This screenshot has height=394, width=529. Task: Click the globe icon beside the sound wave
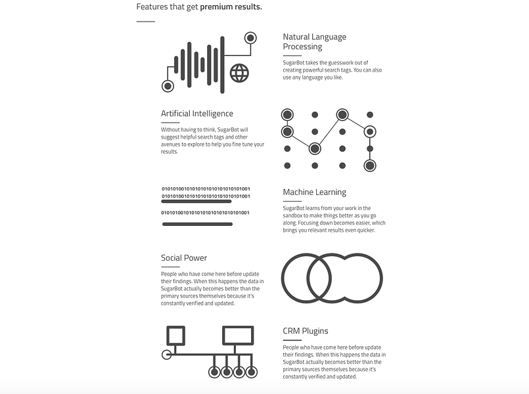coord(239,73)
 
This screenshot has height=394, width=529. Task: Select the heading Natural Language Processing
coord(314,41)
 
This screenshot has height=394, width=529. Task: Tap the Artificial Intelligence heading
coord(197,114)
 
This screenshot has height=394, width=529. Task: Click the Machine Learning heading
coord(314,192)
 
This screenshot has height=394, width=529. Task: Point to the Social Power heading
coord(184,258)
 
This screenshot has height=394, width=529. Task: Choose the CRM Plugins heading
coord(306,331)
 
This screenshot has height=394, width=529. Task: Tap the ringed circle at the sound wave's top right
coord(250,37)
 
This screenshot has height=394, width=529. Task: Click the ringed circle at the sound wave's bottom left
coord(168,86)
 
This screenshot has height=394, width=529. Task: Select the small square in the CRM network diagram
coord(175,336)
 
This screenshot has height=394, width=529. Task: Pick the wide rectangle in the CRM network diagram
coord(238,335)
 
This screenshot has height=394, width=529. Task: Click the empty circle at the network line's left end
coord(166,355)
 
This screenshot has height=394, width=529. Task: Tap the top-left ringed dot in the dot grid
coord(287,115)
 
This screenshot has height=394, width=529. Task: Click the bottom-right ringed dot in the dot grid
coord(370,165)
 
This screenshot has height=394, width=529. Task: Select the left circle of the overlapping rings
coord(307,278)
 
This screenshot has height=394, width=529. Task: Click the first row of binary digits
coord(206,189)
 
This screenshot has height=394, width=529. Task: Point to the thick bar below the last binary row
coord(197,225)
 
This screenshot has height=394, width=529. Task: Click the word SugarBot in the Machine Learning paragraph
coord(295,208)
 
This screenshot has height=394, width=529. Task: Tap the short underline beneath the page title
coord(145,22)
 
